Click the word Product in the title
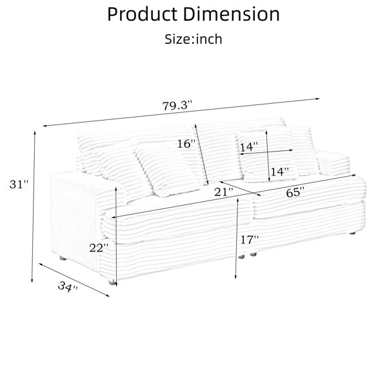(143, 14)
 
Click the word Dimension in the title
(232, 14)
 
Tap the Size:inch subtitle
(193, 39)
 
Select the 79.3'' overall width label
(177, 106)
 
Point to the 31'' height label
(19, 184)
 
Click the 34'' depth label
(68, 286)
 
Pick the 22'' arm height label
(99, 248)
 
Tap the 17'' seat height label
(250, 239)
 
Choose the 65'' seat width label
(295, 192)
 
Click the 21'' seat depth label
(223, 192)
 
